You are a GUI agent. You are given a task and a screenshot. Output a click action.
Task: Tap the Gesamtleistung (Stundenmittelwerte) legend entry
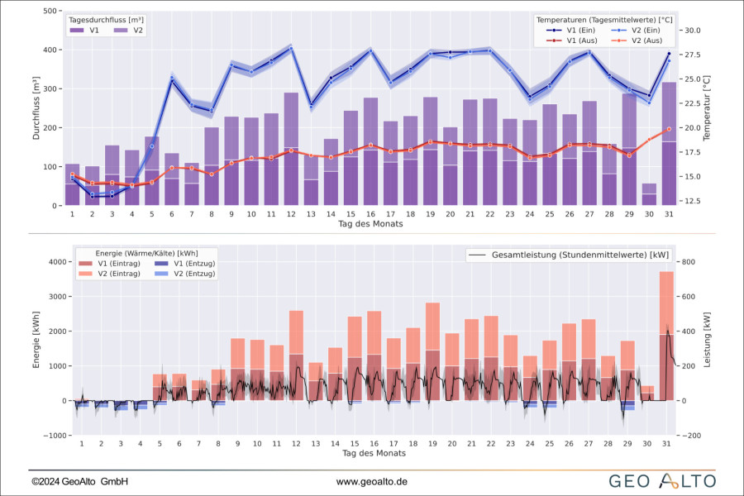[x=570, y=255]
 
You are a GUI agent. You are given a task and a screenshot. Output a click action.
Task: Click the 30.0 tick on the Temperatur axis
[x=692, y=31]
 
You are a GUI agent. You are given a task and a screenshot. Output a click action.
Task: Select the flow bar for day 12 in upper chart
[x=291, y=149]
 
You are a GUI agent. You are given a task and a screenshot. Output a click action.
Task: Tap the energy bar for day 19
[x=432, y=351]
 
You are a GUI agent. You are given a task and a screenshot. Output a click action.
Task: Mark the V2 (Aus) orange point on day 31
[x=669, y=129]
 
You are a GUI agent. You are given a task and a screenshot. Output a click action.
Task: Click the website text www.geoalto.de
[x=371, y=481]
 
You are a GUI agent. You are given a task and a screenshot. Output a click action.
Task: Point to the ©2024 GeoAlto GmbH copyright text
[x=79, y=481]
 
